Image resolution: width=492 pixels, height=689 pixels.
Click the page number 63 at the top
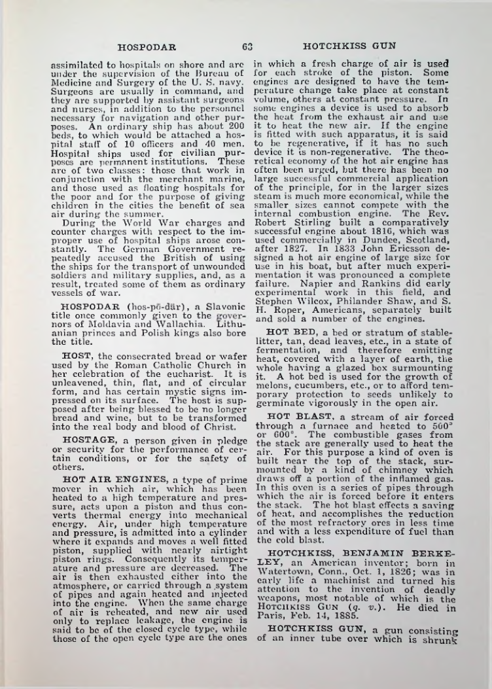click(247, 46)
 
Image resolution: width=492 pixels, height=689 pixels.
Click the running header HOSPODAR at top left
click(147, 46)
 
